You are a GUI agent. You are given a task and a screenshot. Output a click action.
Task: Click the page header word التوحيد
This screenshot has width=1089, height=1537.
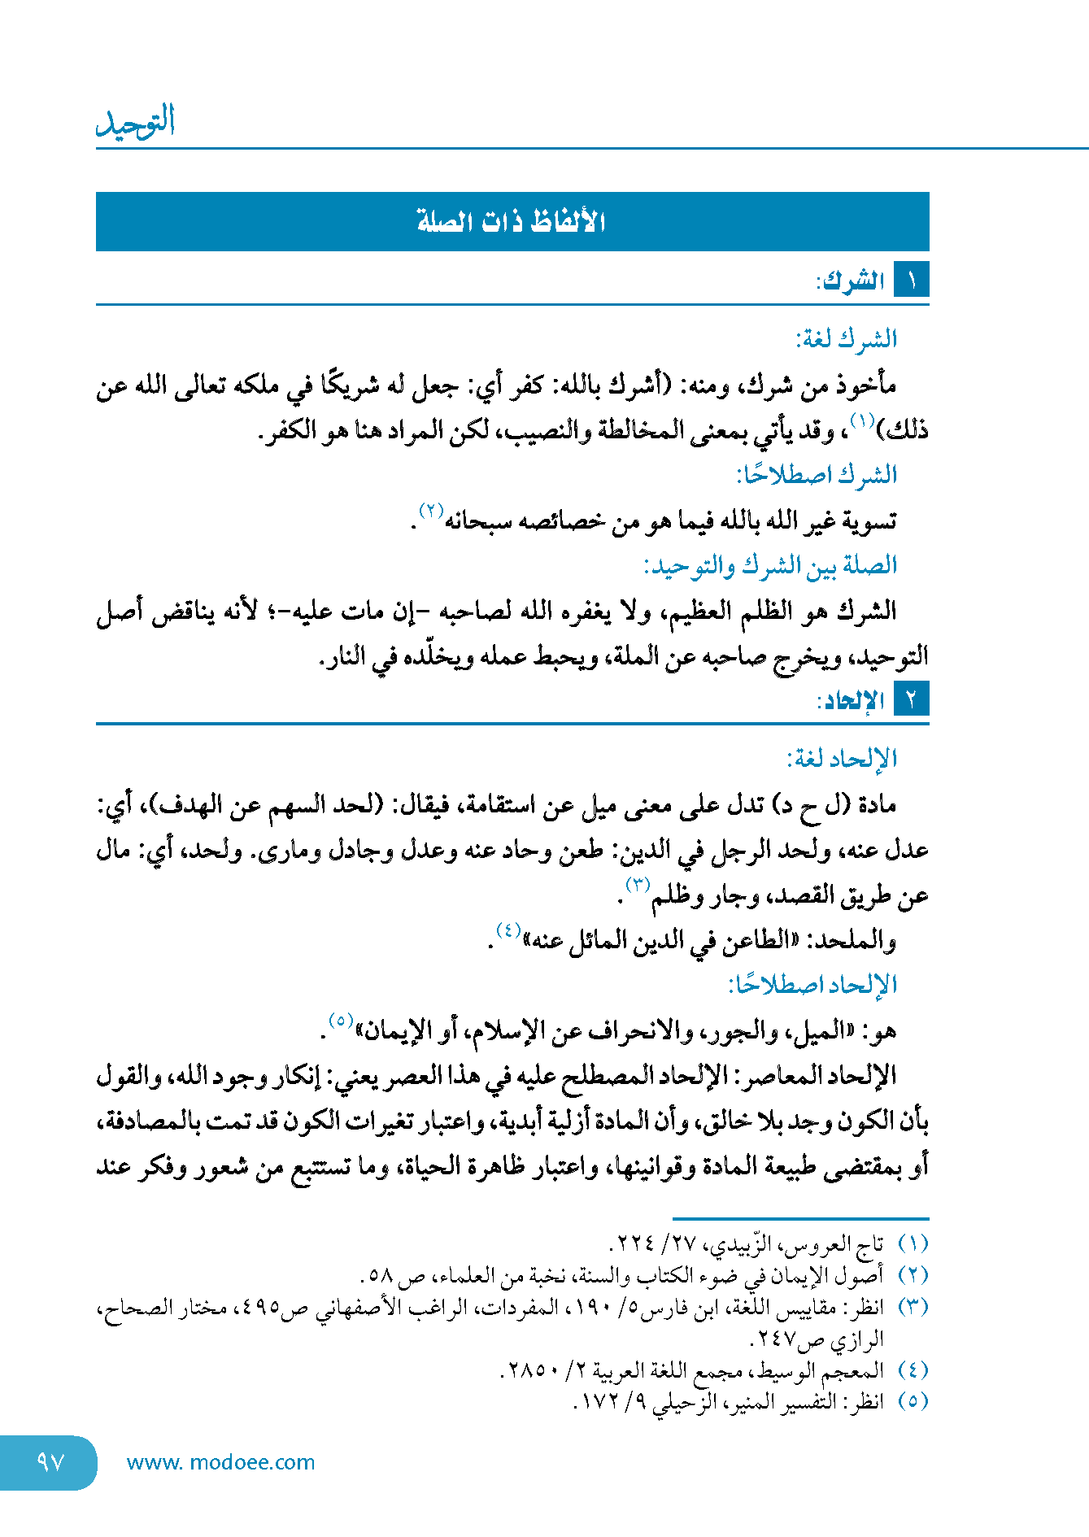pos(136,122)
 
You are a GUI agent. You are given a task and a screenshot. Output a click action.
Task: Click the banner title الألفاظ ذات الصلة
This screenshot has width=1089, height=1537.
pos(512,221)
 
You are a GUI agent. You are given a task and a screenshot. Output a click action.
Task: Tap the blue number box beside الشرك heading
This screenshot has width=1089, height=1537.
pos(911,281)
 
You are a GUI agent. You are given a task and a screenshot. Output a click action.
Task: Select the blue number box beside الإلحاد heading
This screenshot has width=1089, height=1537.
pos(911,699)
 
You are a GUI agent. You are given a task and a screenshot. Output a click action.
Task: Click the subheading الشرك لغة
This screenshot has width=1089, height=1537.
pos(847,338)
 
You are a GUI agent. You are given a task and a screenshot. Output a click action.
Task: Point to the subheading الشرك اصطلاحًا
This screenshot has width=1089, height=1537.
pos(817,474)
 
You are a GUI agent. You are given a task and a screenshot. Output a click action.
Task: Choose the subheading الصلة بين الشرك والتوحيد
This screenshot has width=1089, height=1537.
pos(770,565)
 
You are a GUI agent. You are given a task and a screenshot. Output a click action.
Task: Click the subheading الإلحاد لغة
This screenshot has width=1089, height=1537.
pos(842,759)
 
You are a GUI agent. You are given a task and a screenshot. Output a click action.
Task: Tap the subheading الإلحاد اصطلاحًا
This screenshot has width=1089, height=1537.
pos(812,985)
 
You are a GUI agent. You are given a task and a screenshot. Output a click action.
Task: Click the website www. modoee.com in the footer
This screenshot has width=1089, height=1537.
pos(220,1462)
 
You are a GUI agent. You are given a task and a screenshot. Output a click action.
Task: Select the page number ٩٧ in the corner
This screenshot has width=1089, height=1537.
pos(50,1462)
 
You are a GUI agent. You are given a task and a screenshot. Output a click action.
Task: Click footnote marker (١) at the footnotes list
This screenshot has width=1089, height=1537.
pos(913,1244)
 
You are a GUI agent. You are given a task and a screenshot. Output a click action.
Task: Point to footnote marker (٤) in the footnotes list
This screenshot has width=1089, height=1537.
pos(913,1370)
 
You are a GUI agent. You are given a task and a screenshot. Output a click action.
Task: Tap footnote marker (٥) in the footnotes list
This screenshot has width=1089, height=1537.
pos(913,1401)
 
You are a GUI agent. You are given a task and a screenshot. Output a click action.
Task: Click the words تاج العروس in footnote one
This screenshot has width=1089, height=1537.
pos(845,1244)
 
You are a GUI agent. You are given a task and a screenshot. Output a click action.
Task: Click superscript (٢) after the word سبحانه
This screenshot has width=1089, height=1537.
pos(431,512)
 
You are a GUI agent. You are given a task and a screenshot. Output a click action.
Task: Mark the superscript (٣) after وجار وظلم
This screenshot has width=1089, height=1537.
pos(638,884)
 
